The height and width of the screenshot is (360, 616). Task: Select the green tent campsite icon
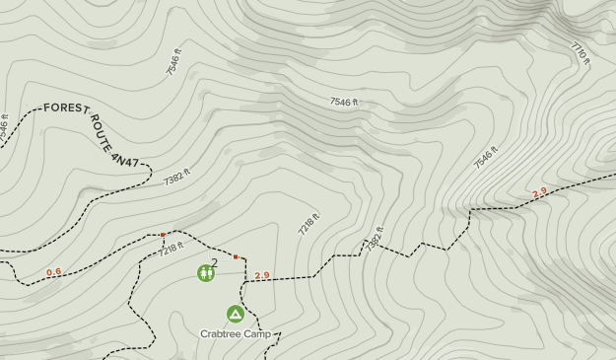click(236, 314)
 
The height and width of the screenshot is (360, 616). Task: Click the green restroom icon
click(206, 272)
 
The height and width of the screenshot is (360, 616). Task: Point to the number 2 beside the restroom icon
click(215, 263)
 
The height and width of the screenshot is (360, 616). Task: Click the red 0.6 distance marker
click(54, 272)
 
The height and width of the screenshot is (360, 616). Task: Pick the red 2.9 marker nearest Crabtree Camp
click(261, 276)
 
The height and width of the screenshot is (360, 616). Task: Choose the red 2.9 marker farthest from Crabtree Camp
click(539, 193)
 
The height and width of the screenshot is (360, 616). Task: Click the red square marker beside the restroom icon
click(236, 257)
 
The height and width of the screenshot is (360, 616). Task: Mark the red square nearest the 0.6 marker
click(163, 235)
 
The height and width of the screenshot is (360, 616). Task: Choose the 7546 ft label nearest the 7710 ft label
click(486, 157)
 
